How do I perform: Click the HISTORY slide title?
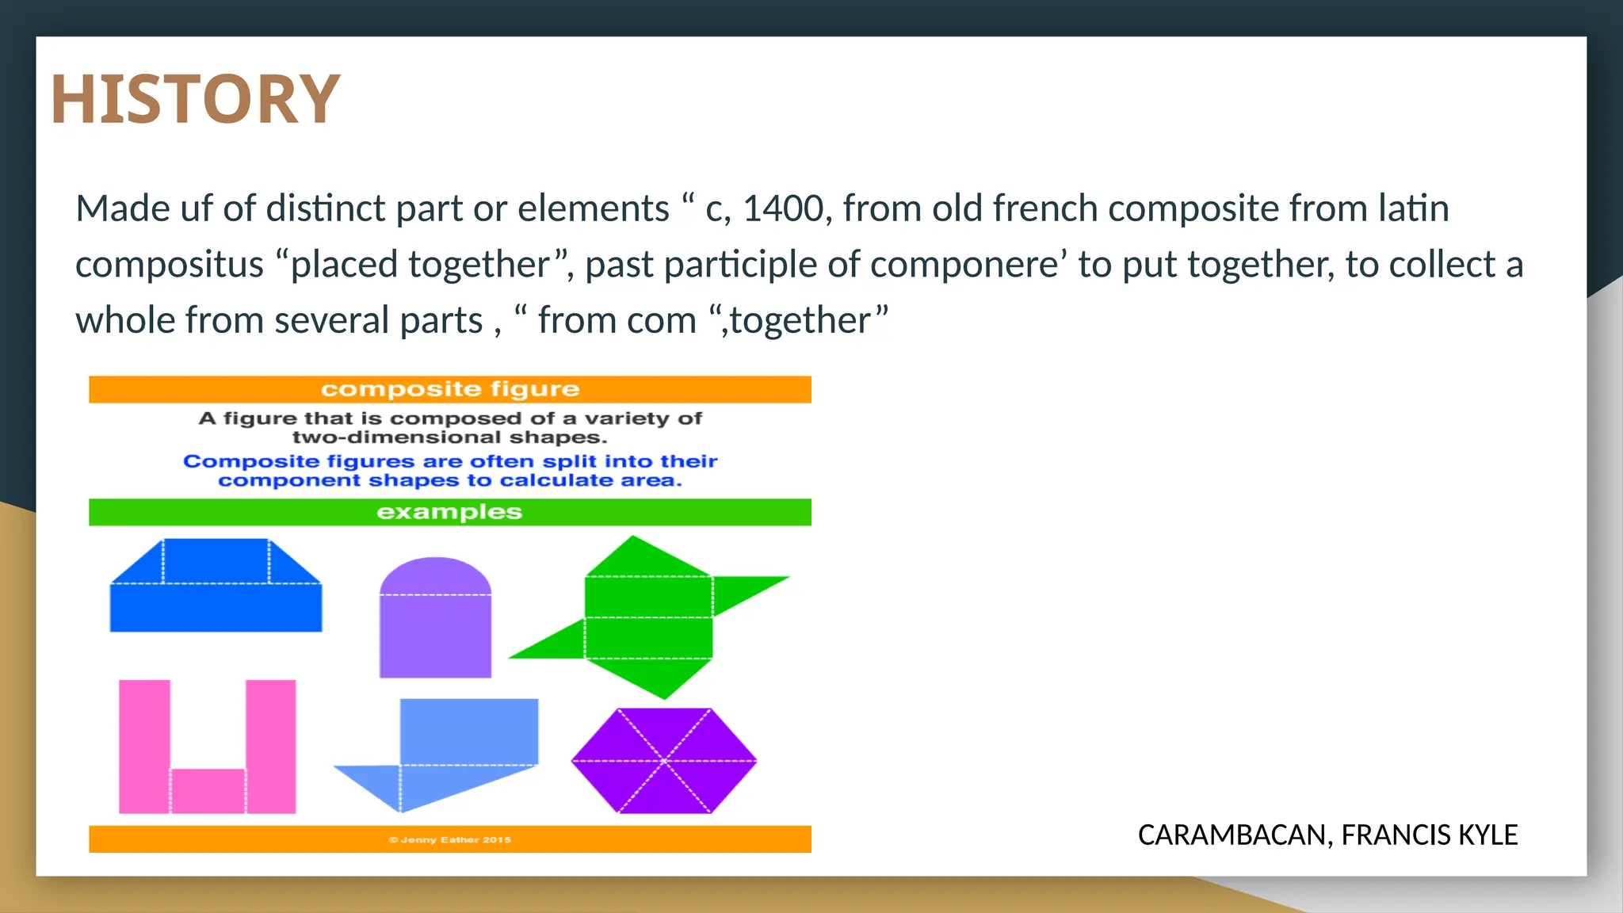[x=195, y=99]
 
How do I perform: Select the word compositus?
[x=169, y=265]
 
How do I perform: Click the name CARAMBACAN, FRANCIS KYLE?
[x=1327, y=835]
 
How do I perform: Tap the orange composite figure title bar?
[x=449, y=389]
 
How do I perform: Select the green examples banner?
[x=449, y=512]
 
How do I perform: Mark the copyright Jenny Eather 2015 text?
[x=449, y=839]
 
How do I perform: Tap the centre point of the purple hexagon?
[x=664, y=761]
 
